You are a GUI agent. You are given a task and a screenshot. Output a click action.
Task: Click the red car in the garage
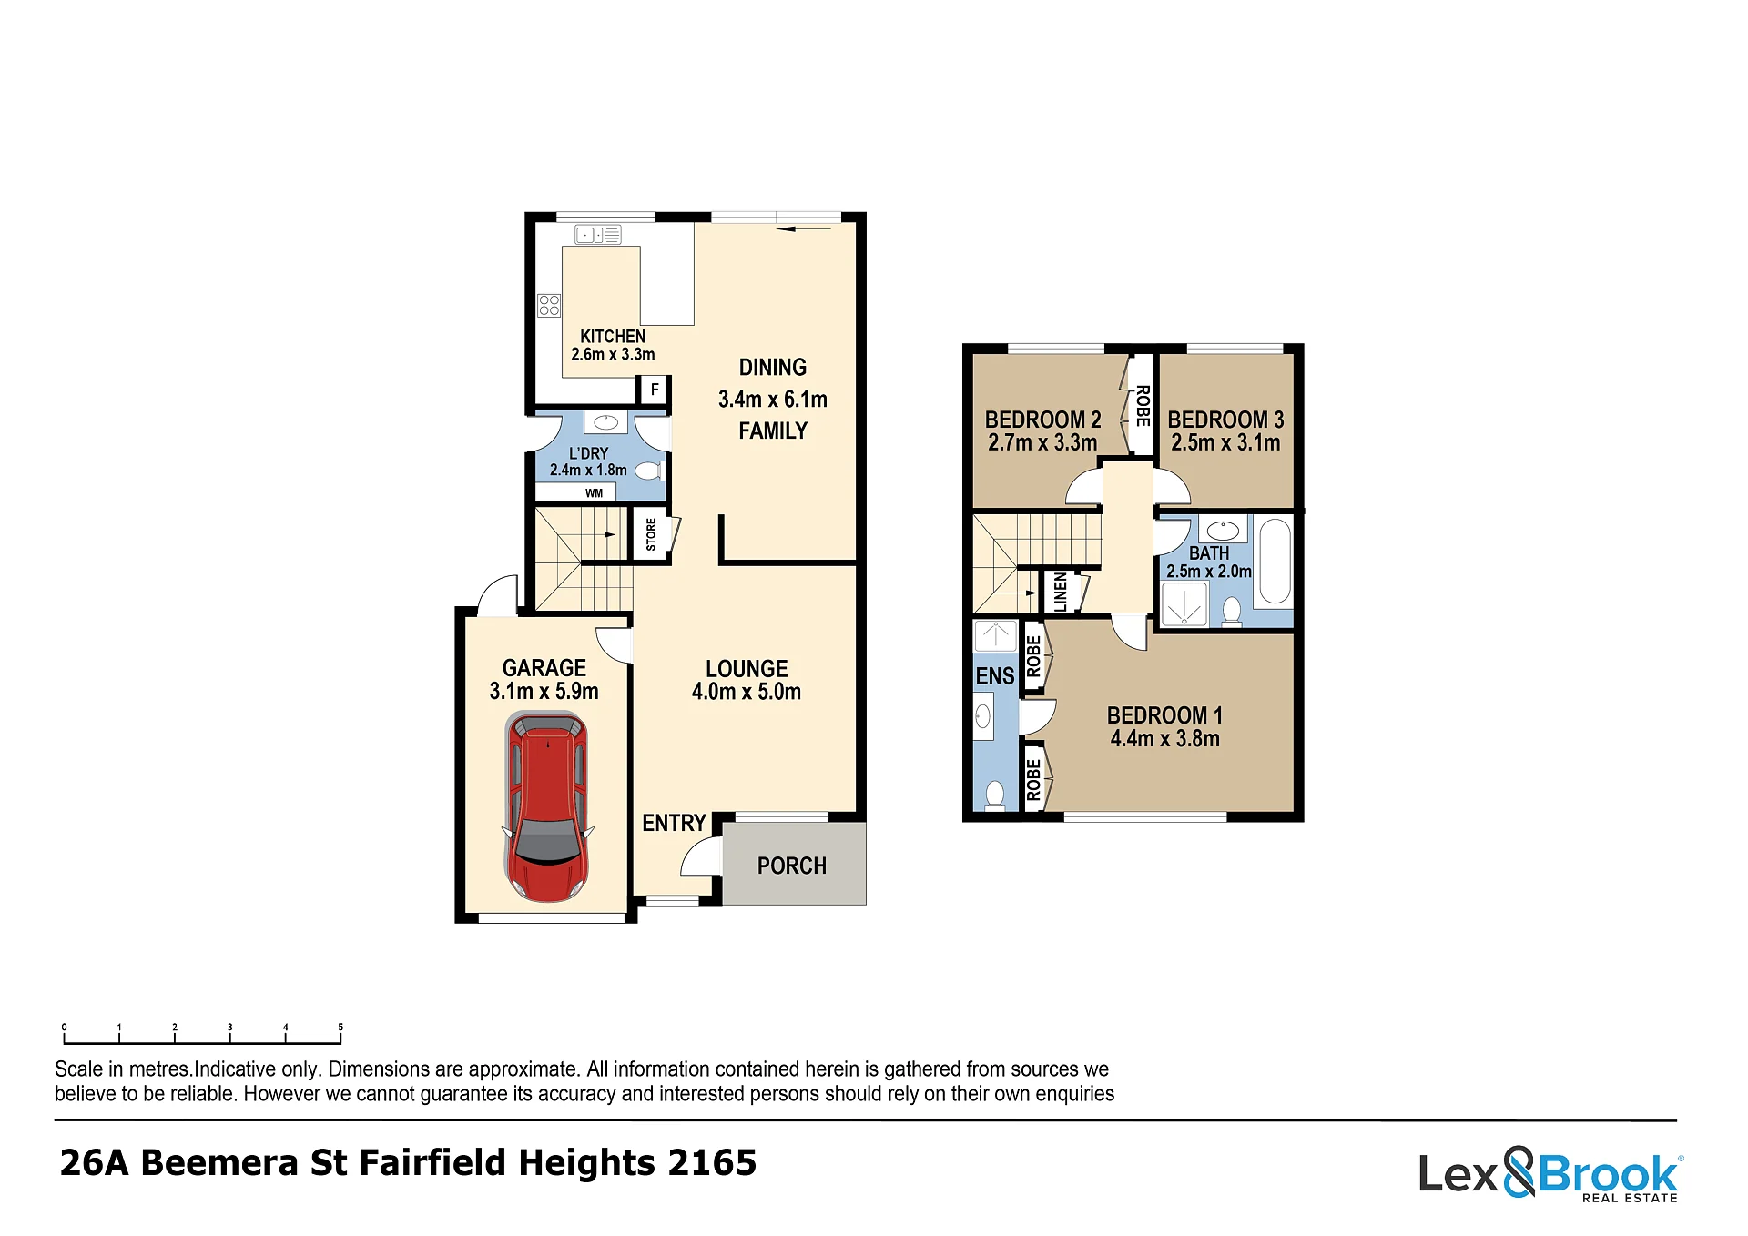pyautogui.click(x=547, y=807)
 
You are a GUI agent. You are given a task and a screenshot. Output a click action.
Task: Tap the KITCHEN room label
pyautogui.click(x=613, y=336)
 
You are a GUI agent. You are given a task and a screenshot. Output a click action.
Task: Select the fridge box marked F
pyautogui.click(x=654, y=390)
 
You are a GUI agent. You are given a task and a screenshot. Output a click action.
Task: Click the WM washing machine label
pyautogui.click(x=594, y=493)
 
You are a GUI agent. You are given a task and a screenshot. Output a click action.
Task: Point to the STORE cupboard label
pyautogui.click(x=651, y=534)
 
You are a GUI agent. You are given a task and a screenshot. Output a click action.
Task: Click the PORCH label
pyautogui.click(x=792, y=866)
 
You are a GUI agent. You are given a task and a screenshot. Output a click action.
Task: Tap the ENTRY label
pyautogui.click(x=674, y=823)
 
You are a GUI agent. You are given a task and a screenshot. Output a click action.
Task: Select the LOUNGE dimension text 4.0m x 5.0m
pyautogui.click(x=747, y=692)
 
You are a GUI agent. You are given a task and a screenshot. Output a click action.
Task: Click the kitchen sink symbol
pyautogui.click(x=598, y=235)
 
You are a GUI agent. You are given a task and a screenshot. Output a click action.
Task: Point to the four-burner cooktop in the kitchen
pyautogui.click(x=549, y=305)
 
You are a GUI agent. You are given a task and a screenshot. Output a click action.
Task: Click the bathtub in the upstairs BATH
pyautogui.click(x=1275, y=562)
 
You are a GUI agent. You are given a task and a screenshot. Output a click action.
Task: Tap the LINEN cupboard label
pyautogui.click(x=1060, y=592)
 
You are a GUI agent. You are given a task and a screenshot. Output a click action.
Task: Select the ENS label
pyautogui.click(x=994, y=676)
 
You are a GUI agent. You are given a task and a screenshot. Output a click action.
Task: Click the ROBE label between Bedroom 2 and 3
pyautogui.click(x=1143, y=406)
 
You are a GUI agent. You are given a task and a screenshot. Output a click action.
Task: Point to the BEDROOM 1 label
pyautogui.click(x=1164, y=715)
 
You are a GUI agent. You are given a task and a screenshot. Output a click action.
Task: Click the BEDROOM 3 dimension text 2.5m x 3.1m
pyautogui.click(x=1225, y=443)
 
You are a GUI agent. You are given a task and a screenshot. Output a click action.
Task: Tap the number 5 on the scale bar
pyautogui.click(x=340, y=1027)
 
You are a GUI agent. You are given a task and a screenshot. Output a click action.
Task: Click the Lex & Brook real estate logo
pyautogui.click(x=1550, y=1174)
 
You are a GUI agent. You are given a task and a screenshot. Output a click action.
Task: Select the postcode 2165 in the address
pyautogui.click(x=712, y=1163)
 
